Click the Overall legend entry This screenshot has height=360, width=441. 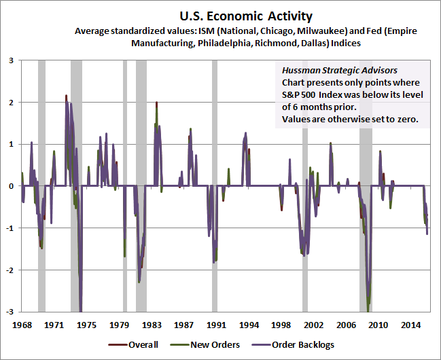[139, 344]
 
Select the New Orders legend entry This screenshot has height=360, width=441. [211, 344]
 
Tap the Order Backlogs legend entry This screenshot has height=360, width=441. [299, 344]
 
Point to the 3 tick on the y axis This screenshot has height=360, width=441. [11, 60]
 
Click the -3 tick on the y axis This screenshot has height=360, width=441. [10, 312]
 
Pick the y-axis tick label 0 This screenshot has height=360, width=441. [11, 186]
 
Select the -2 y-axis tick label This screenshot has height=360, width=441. [10, 270]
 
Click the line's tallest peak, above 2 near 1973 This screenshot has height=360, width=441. [66, 96]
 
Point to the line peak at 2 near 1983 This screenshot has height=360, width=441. [157, 103]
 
